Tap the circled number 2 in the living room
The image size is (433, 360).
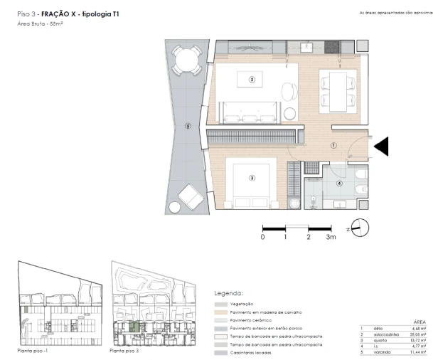click(252, 80)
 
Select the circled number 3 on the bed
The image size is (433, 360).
click(252, 178)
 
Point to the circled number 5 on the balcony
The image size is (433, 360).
click(188, 127)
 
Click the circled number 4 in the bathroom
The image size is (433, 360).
click(339, 184)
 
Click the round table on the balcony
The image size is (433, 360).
click(188, 58)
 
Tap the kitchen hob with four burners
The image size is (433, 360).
click(333, 48)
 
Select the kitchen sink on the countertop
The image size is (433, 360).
click(307, 48)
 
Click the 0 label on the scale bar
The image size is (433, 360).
click(262, 237)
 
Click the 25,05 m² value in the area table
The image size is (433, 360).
click(414, 338)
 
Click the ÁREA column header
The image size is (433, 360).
click(419, 322)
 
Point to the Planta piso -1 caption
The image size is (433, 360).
click(33, 351)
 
